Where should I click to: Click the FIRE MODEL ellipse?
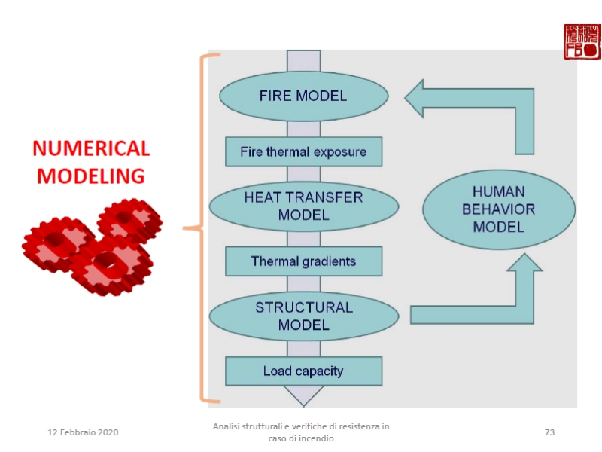303,96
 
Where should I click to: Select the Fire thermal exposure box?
303,151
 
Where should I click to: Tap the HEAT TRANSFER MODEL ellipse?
303,206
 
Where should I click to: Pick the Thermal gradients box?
303,261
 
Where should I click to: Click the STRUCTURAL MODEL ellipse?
303,316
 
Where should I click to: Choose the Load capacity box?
303,371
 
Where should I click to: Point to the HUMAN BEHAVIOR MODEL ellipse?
499,209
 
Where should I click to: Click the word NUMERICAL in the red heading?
91,148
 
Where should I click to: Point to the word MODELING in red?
91,176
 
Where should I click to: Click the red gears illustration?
94,245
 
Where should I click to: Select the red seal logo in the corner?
582,42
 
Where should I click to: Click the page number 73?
549,432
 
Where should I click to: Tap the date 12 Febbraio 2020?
83,432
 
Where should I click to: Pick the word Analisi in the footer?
227,426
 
